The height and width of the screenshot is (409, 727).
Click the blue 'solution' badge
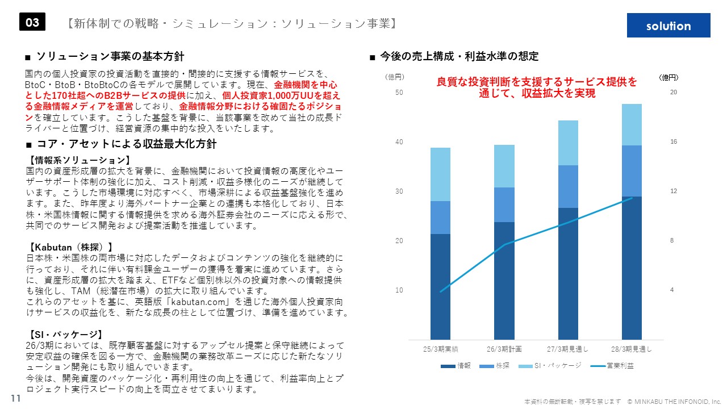pyautogui.click(x=668, y=26)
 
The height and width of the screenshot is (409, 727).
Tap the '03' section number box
pyautogui.click(x=32, y=22)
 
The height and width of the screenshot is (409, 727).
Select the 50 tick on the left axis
pyautogui.click(x=399, y=92)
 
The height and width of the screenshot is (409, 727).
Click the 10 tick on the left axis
pyautogui.click(x=399, y=290)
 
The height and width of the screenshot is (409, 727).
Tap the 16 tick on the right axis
pyautogui.click(x=673, y=141)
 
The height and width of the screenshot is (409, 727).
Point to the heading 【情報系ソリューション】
pyautogui.click(x=80, y=160)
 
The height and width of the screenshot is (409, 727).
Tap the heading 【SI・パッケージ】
pyautogui.click(x=65, y=334)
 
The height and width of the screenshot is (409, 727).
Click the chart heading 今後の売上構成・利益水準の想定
pyautogui.click(x=459, y=57)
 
